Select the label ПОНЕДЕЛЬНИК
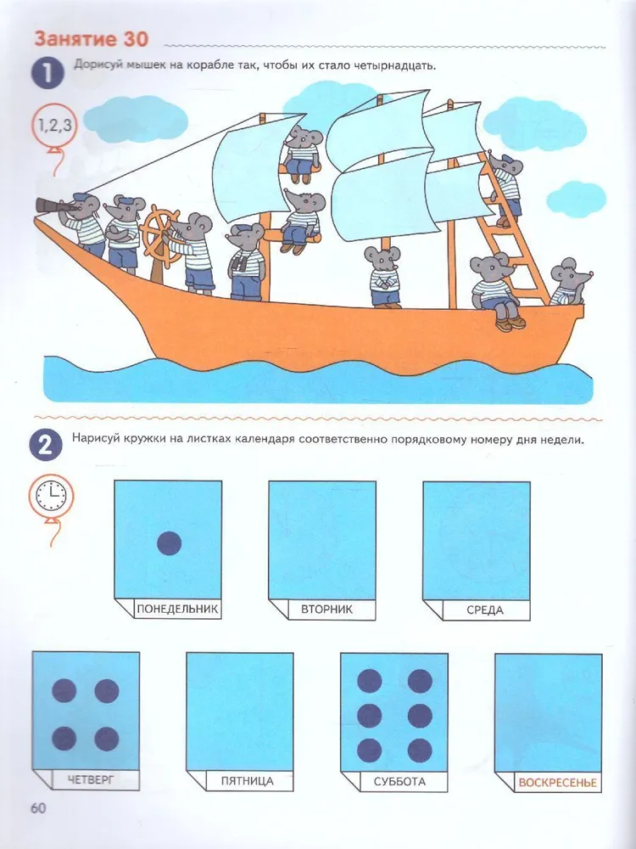tap(177, 609)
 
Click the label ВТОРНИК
tap(326, 609)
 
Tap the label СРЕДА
tap(484, 610)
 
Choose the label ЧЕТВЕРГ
tap(91, 779)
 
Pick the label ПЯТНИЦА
tap(247, 781)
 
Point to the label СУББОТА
tap(399, 781)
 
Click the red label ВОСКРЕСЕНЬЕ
tap(557, 783)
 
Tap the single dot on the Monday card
tap(169, 543)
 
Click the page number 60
tap(38, 808)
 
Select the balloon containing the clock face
tap(51, 496)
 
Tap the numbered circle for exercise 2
tap(46, 445)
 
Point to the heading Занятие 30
tap(92, 39)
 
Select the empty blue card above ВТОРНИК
tap(322, 540)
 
